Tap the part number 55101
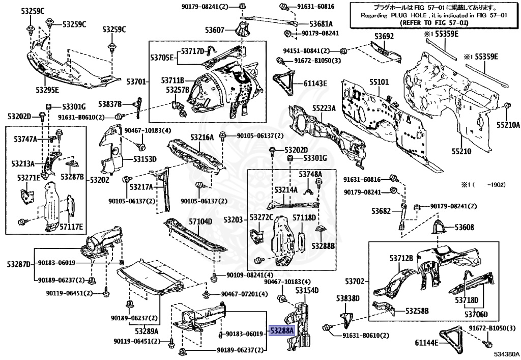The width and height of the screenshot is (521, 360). (x=379, y=81)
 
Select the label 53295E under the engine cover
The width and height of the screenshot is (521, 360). (x=47, y=90)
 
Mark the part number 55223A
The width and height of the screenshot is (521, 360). (x=324, y=108)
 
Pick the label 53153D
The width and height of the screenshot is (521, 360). (x=144, y=159)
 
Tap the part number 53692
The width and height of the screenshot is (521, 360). (x=384, y=37)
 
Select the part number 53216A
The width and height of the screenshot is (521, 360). (x=202, y=137)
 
